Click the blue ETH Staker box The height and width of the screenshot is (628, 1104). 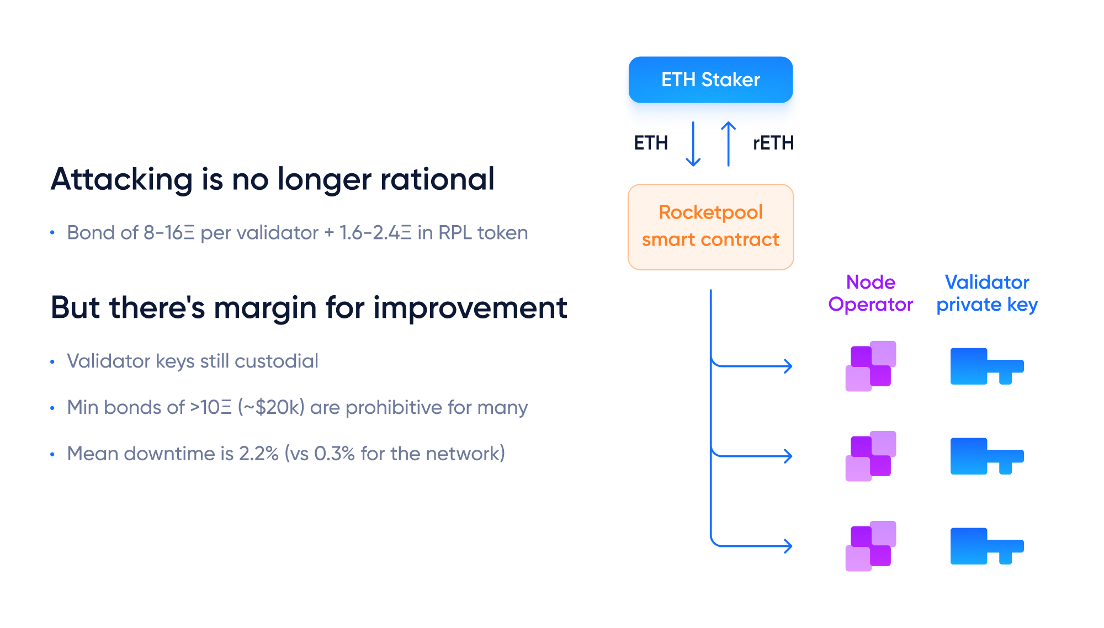[x=710, y=79]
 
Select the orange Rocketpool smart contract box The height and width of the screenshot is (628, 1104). [x=710, y=227]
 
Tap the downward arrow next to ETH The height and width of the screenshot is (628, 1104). [x=693, y=144]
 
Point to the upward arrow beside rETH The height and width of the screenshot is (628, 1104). [x=729, y=144]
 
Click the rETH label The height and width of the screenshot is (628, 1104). [x=773, y=143]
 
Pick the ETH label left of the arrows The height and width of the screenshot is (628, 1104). [x=651, y=143]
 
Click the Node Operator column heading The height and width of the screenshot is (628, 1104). [x=871, y=293]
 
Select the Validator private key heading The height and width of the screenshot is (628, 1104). [x=987, y=293]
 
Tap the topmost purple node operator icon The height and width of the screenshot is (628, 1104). [x=871, y=366]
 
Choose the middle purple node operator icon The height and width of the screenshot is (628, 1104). [x=871, y=456]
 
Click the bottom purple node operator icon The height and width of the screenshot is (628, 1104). [x=871, y=546]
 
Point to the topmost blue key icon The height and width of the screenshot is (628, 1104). [x=987, y=366]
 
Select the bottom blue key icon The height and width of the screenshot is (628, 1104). [x=987, y=546]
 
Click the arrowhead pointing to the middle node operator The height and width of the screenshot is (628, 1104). [x=789, y=456]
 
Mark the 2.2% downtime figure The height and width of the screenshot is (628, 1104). [x=259, y=454]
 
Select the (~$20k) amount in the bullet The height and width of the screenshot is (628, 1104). [x=271, y=407]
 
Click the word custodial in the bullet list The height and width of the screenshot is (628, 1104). [x=277, y=361]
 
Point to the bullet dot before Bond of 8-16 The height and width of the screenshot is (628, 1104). [x=52, y=233]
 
